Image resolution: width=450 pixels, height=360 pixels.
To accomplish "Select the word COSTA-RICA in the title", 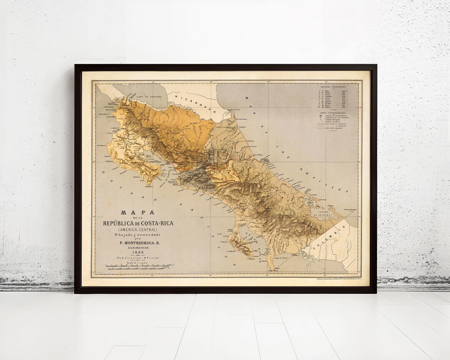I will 155,223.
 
